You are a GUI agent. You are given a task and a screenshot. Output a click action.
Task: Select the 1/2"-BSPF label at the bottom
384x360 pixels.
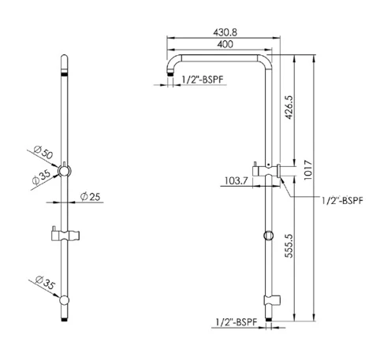tap(235, 321)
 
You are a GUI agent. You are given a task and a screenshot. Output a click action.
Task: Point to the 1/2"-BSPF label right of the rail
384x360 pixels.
tap(342, 201)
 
